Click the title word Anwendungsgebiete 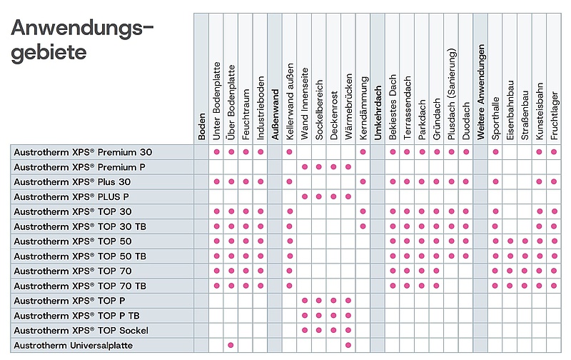click(82, 40)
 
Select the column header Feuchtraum click(246, 114)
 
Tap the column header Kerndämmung click(363, 109)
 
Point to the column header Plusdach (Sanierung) click(452, 94)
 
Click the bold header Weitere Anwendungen click(480, 92)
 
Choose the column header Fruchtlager click(555, 116)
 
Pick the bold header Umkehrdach click(378, 113)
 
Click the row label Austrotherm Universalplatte click(74, 346)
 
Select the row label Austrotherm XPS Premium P click(79, 167)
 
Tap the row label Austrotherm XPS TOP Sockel click(81, 331)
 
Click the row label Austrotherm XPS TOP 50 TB click(80, 256)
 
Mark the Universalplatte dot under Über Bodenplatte click(231, 345)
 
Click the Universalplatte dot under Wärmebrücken click(348, 345)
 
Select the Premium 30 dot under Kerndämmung click(363, 152)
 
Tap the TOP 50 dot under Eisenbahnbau click(510, 241)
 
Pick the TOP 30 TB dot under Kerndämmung click(363, 226)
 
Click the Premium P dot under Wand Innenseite click(305, 167)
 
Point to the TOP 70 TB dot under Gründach click(437, 286)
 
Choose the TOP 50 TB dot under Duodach click(466, 256)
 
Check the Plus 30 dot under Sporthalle click(495, 181)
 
